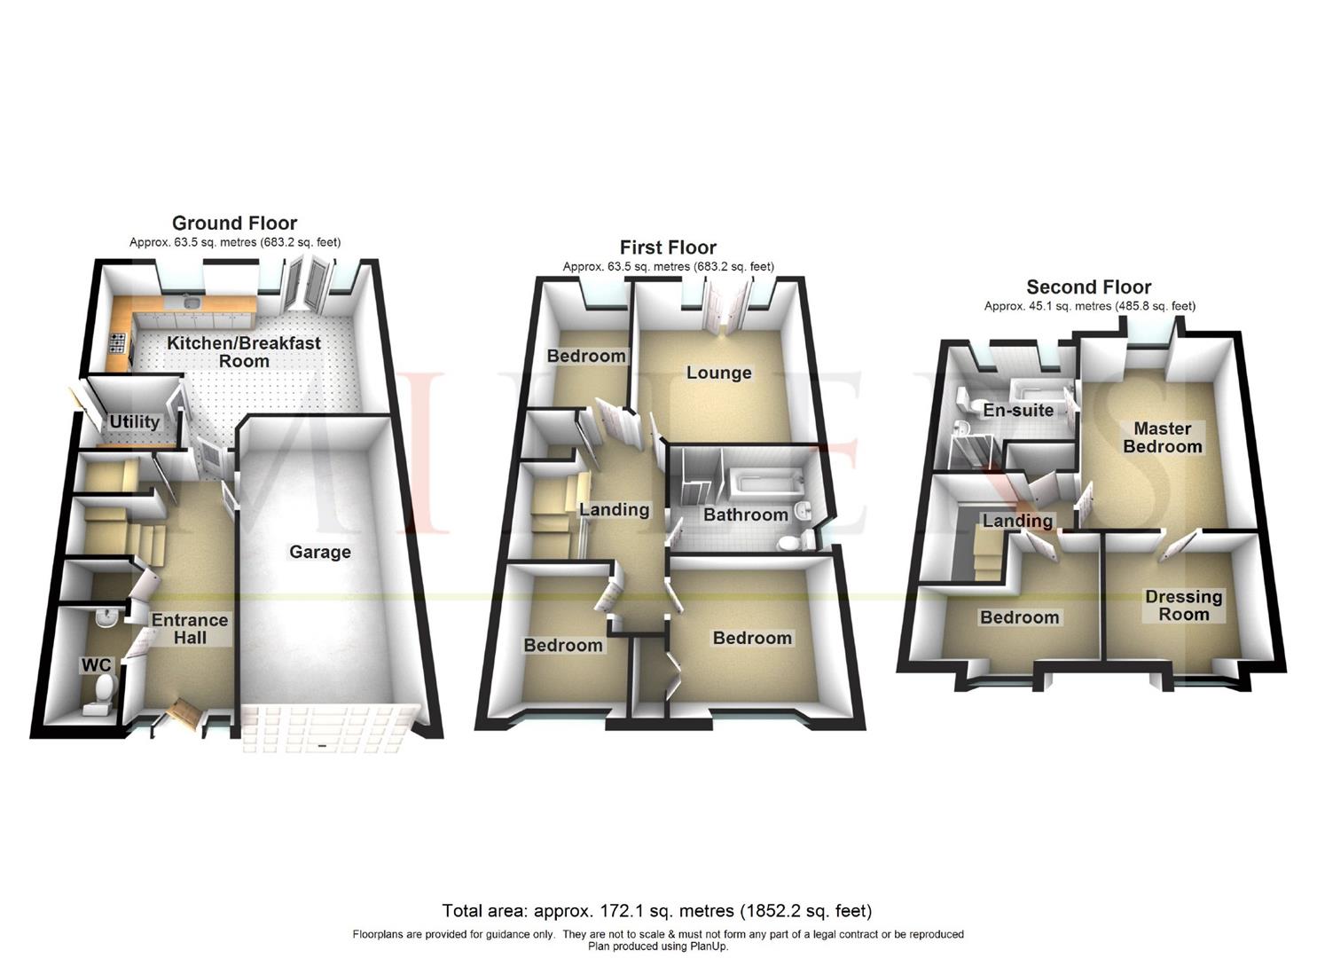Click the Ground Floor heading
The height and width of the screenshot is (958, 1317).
(234, 224)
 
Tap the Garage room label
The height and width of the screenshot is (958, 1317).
(320, 552)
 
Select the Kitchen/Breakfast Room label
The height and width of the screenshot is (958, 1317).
(244, 352)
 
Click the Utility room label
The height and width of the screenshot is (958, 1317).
(134, 422)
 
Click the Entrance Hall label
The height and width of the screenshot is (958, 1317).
(190, 629)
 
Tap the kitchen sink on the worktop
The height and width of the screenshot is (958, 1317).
(192, 304)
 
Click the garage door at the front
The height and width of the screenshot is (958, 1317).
(327, 728)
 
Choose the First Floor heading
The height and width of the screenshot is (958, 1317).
(668, 247)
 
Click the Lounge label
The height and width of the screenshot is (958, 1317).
(718, 373)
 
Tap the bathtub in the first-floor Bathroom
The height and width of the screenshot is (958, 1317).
(764, 484)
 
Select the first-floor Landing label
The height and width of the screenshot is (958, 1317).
(614, 510)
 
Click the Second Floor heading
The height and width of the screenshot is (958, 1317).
(1088, 287)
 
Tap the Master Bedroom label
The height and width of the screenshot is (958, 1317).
(1162, 437)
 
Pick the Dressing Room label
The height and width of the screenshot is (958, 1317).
(1183, 606)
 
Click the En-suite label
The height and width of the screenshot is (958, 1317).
(1018, 411)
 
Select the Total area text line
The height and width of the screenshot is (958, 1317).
(657, 911)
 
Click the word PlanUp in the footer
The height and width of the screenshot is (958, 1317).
(709, 946)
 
